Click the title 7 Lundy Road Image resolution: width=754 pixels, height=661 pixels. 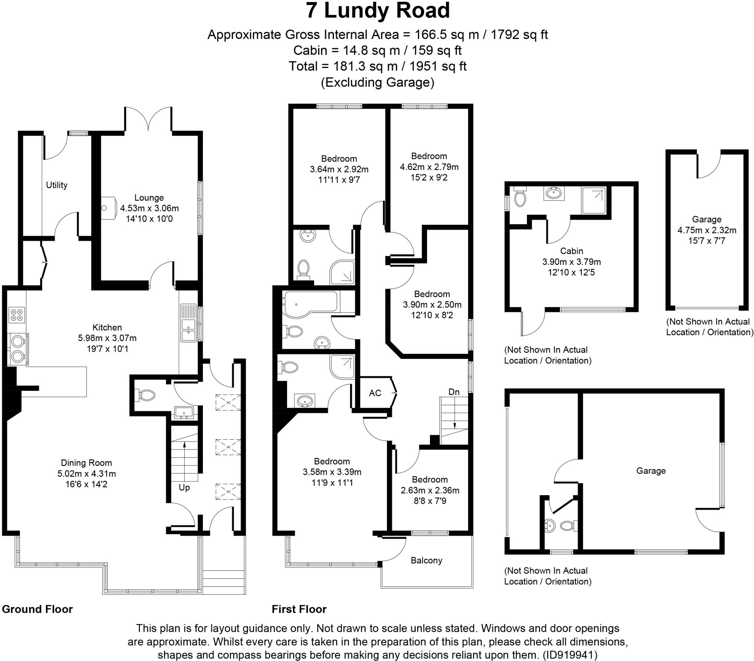377,11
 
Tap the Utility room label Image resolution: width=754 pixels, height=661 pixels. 56,185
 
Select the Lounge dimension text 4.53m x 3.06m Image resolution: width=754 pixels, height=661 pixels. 149,208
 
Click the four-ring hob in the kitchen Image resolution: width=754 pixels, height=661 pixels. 17,314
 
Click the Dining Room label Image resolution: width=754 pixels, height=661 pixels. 86,463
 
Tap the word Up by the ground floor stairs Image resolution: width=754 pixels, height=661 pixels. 184,487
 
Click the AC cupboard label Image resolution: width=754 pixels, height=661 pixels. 375,393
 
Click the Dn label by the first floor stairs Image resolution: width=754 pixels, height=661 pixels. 454,392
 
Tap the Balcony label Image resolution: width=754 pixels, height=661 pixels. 426,560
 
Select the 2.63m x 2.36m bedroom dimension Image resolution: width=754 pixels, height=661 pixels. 430,490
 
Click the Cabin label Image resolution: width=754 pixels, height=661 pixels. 572,251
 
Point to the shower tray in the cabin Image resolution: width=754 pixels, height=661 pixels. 593,200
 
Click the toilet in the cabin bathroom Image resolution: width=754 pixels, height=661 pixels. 520,197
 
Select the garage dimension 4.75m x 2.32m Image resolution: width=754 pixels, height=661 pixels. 707,230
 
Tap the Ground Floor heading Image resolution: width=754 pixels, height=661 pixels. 37,609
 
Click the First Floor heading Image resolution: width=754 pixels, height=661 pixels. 299,609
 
